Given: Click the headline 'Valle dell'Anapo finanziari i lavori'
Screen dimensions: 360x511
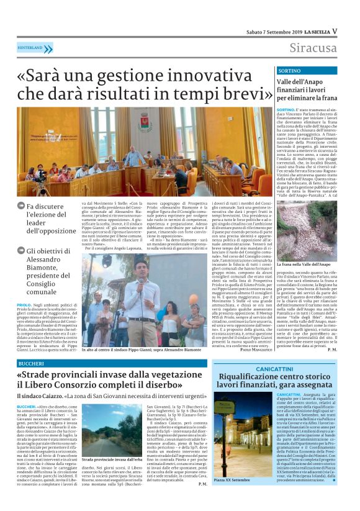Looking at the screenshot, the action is point(307,89).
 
